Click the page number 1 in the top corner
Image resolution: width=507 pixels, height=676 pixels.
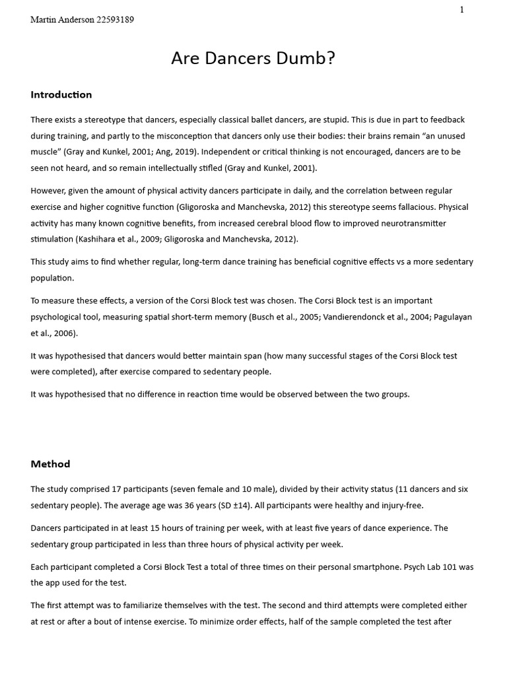(x=462, y=9)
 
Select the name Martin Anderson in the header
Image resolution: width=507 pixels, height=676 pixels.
(x=62, y=20)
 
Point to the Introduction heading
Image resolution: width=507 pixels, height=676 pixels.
(x=61, y=94)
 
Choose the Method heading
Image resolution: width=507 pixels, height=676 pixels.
(x=50, y=464)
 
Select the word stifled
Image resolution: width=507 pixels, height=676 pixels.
(x=203, y=168)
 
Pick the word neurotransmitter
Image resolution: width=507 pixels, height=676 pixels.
(x=410, y=223)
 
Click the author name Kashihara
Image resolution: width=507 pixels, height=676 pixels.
(x=98, y=239)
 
